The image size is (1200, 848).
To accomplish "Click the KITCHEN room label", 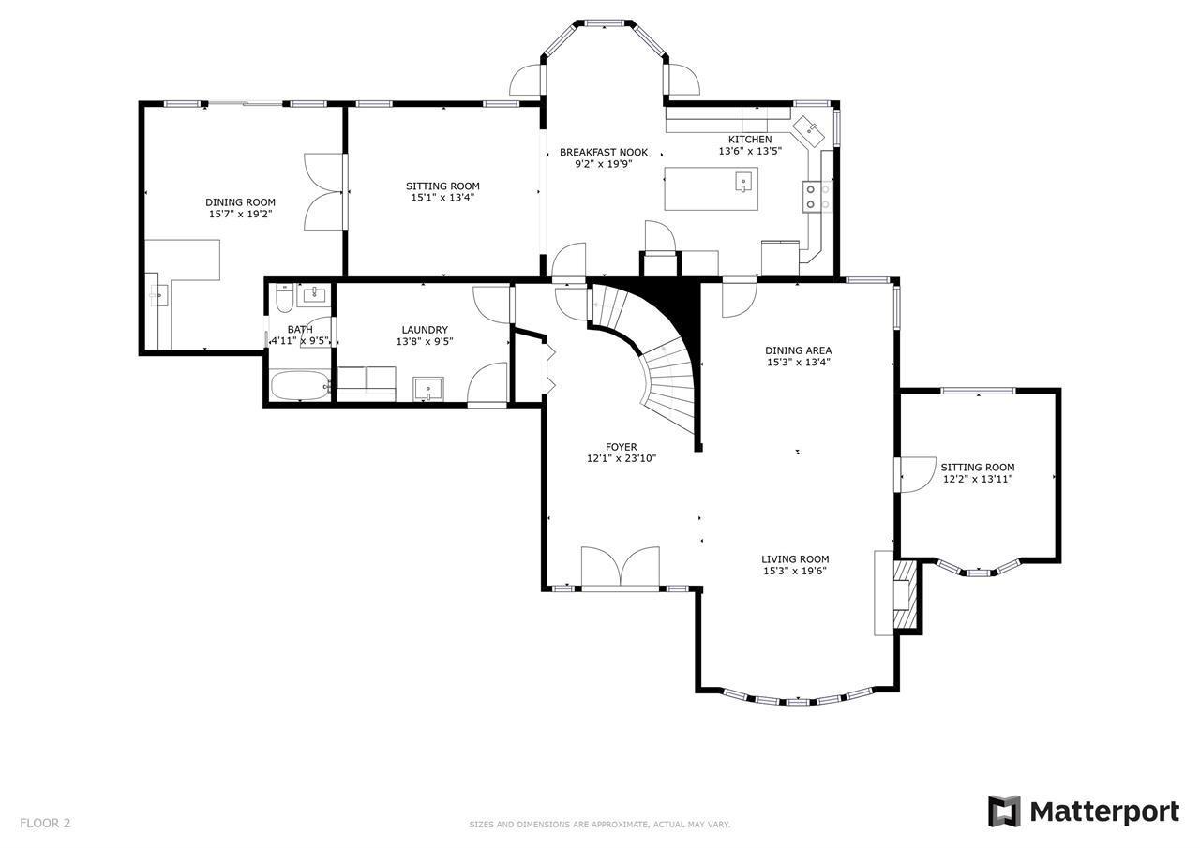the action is click(x=750, y=140).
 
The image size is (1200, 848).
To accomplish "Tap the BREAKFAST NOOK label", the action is click(x=604, y=153).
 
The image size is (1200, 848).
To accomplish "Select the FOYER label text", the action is click(x=622, y=447).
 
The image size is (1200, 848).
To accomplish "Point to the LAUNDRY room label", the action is click(x=425, y=330).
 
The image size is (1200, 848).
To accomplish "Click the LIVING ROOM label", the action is click(x=795, y=559).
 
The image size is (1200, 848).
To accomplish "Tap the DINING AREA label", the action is click(x=798, y=350).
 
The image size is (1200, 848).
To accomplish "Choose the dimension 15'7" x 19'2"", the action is click(x=241, y=215).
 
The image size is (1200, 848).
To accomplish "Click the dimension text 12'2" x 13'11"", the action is click(x=978, y=479).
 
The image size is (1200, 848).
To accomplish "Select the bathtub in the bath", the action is click(x=299, y=385).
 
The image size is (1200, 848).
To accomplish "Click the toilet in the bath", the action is click(x=284, y=298).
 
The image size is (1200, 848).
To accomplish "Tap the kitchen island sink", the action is click(x=743, y=182).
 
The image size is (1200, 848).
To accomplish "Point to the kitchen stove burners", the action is click(x=817, y=197).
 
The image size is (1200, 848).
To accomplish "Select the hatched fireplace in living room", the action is click(x=906, y=593).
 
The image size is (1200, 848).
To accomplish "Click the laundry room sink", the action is click(x=428, y=389).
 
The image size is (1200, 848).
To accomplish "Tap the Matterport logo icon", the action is click(x=1004, y=811).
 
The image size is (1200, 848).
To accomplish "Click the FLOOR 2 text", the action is click(x=45, y=823).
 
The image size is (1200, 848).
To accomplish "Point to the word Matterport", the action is click(x=1104, y=812).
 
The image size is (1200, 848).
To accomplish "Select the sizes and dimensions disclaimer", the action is click(x=600, y=825).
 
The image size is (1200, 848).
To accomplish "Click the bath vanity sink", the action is click(x=313, y=295).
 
